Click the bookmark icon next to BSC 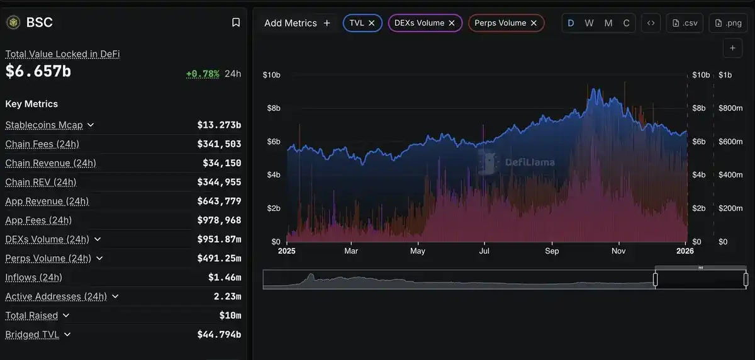click(236, 23)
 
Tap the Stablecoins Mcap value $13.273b click(219, 125)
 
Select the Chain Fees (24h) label click(42, 144)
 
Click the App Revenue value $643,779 click(219, 201)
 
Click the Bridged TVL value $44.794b click(219, 335)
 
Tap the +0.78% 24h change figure click(203, 74)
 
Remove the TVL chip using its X click(372, 23)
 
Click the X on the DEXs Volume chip click(452, 23)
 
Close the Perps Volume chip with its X click(534, 23)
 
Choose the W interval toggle click(589, 23)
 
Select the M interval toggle click(608, 23)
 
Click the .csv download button click(685, 23)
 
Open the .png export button click(728, 23)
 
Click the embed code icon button click(651, 23)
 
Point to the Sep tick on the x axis click(552, 251)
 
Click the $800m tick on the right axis click(730, 108)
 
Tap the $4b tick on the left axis click(271, 174)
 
